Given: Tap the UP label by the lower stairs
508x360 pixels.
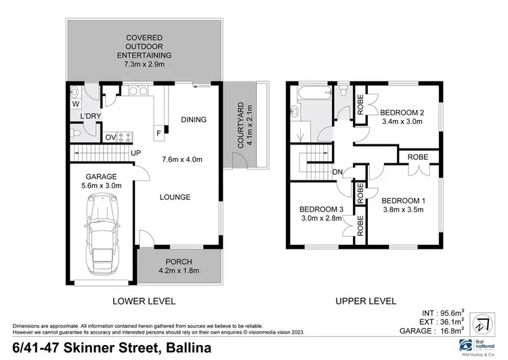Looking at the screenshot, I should pos(135,153).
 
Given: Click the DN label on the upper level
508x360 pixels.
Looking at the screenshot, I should pos(337,172).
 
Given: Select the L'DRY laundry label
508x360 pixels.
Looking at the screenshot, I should pos(87,117).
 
